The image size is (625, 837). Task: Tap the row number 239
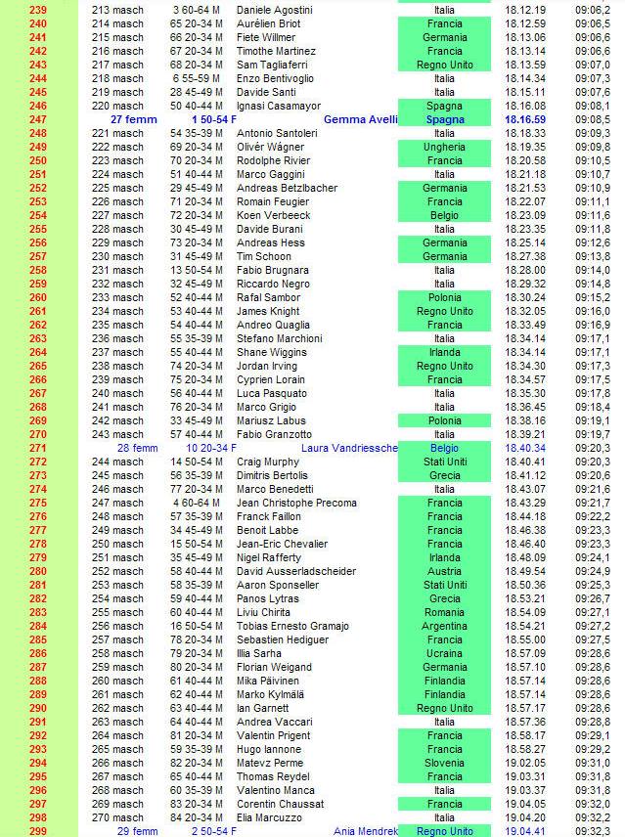[x=38, y=10]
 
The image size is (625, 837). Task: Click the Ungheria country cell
[x=444, y=147]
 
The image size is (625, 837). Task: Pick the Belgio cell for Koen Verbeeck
[x=444, y=215]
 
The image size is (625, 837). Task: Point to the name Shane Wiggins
[x=272, y=352]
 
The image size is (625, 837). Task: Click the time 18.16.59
[x=525, y=119]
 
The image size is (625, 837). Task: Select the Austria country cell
[x=444, y=571]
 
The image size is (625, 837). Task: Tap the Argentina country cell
[x=444, y=626]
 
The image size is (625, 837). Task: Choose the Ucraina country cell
[x=444, y=653]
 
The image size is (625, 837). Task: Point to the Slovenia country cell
[x=444, y=763]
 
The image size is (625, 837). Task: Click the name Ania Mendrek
[x=367, y=831]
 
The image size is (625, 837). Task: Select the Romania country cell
[x=444, y=612]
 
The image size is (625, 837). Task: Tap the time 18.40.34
[x=525, y=448]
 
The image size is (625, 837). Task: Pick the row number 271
[x=38, y=448]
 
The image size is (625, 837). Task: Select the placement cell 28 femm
[x=137, y=448]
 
